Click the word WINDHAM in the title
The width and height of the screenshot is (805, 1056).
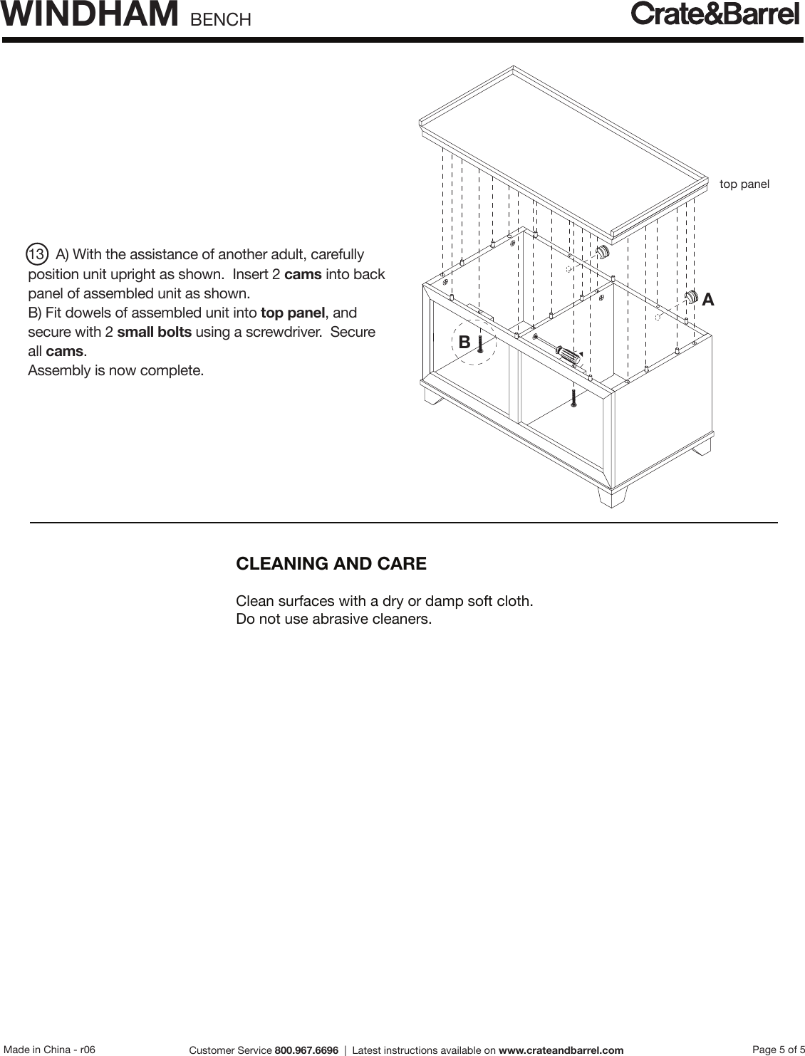90,15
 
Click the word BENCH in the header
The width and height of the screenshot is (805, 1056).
221,19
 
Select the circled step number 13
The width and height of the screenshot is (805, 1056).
37,254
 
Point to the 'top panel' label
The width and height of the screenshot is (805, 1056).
744,184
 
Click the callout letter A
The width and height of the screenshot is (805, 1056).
708,300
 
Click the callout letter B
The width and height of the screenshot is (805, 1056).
464,343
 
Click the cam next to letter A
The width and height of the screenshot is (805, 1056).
690,298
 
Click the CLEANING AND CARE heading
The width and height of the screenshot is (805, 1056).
331,564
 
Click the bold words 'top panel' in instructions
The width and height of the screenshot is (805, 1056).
294,313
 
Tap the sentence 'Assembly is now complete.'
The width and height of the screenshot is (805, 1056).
115,371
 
